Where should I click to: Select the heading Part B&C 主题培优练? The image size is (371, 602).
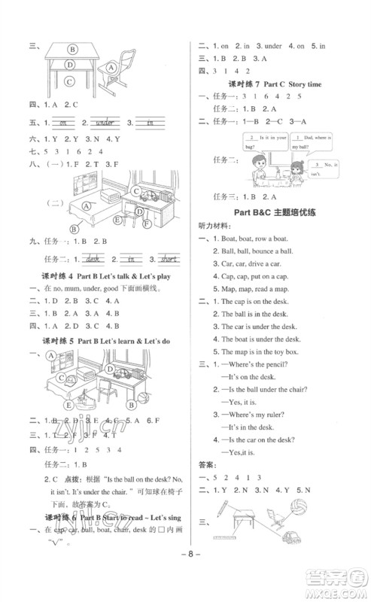click(x=275, y=213)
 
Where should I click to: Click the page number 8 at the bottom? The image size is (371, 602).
click(x=185, y=579)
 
